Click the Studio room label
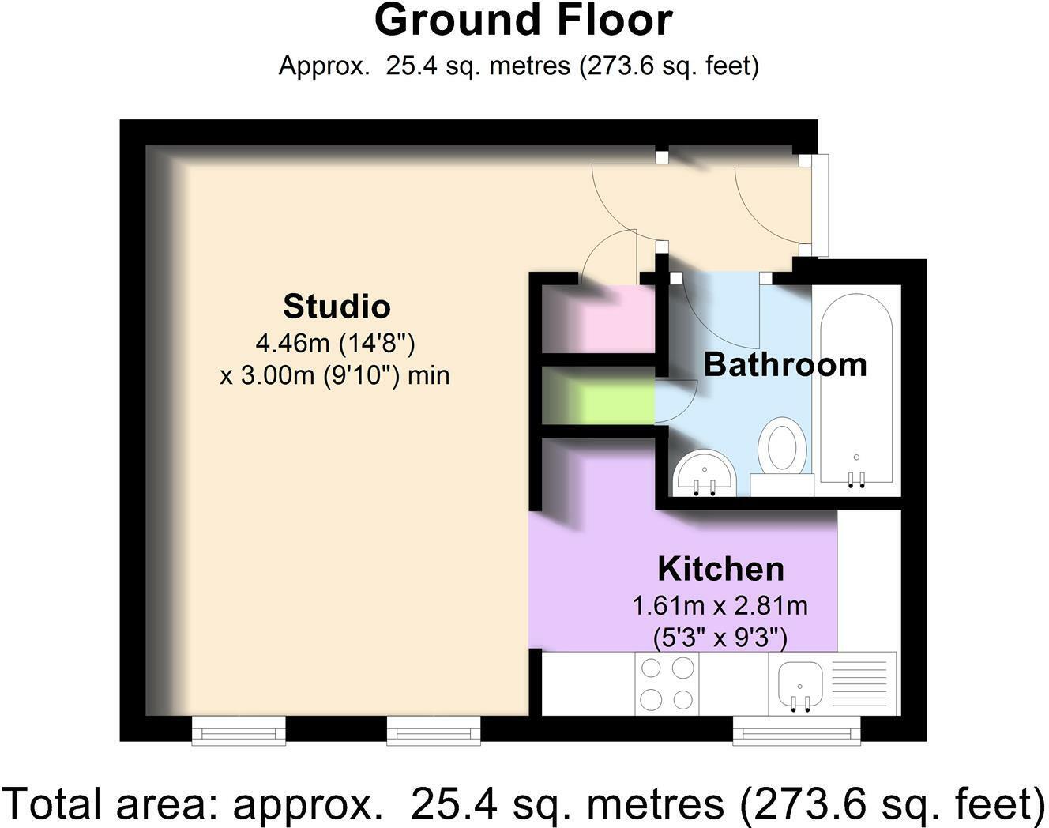337,307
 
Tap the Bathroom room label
785,365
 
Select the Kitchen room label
721,569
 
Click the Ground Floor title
524,21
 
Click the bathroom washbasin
704,473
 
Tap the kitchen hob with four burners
667,683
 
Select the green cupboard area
599,396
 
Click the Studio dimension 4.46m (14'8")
336,344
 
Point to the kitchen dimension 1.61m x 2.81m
720,606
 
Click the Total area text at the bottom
524,804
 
